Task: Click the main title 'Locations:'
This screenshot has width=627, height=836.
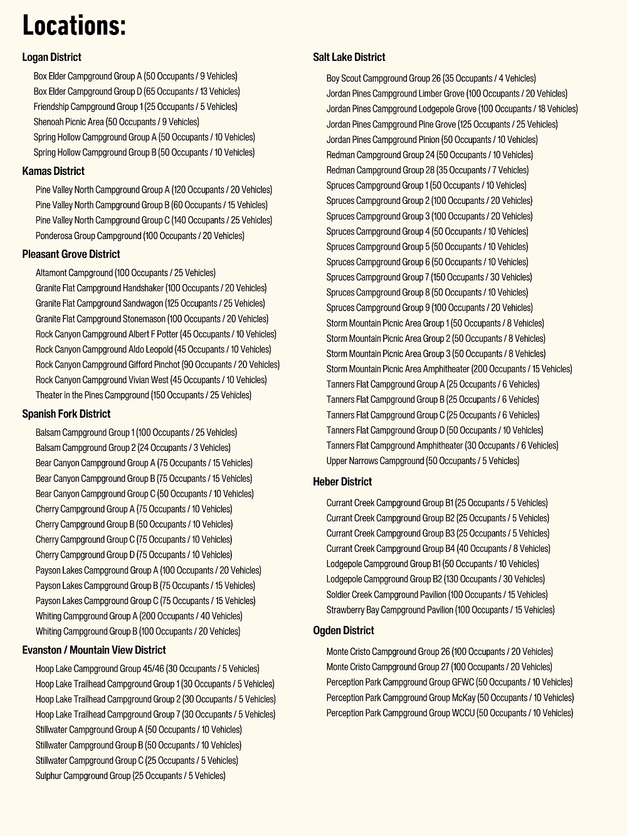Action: click(74, 25)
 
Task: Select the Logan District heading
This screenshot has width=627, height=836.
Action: click(51, 57)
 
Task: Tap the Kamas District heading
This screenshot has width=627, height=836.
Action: click(53, 171)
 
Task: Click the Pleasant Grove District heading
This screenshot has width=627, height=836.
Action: click(71, 254)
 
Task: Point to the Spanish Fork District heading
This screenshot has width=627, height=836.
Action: click(66, 414)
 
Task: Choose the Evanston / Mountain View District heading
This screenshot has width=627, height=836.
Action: click(94, 650)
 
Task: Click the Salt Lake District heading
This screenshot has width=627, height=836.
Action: click(349, 57)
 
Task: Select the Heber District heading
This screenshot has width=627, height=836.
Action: click(342, 482)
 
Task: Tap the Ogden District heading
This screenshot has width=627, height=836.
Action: click(343, 630)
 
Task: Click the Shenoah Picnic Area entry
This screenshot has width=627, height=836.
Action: click(116, 122)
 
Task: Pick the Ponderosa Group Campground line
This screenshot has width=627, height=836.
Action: click(140, 236)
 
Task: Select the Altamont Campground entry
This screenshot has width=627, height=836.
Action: click(125, 273)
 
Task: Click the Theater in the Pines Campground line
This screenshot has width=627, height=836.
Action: click(144, 395)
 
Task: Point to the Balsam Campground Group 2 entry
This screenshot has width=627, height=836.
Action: click(133, 448)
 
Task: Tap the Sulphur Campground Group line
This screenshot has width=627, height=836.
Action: click(130, 776)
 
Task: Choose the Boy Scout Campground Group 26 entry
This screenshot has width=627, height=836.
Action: click(431, 78)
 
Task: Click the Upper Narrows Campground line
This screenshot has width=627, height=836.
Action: click(423, 461)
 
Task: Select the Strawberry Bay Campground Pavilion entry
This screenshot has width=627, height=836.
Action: click(440, 610)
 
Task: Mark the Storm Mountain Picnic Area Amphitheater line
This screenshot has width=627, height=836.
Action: click(449, 369)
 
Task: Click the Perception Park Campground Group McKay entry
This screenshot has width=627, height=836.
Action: click(450, 697)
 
